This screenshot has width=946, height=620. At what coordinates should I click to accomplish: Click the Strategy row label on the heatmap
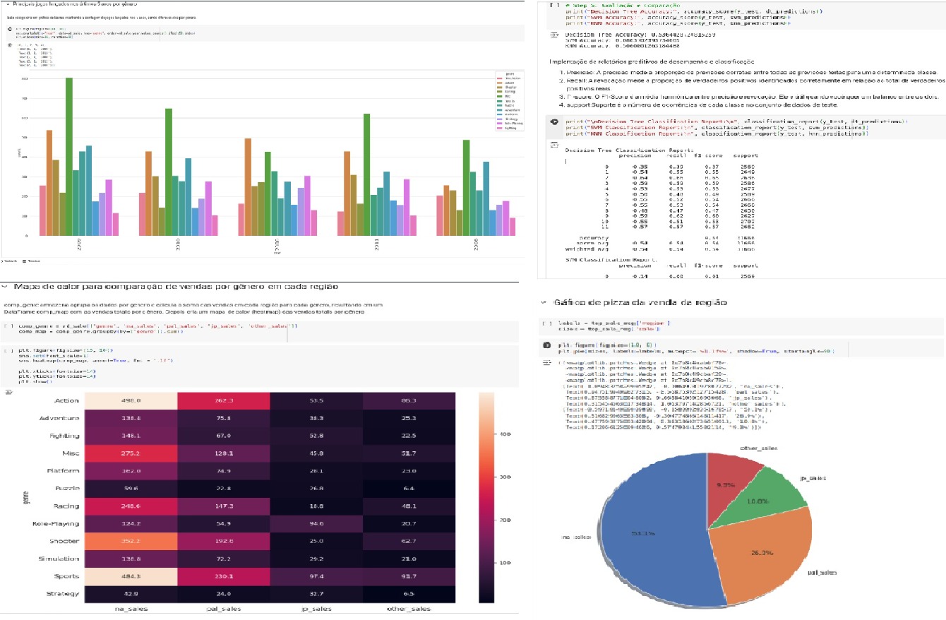click(x=61, y=594)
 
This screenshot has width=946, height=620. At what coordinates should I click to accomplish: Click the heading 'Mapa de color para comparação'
click(x=176, y=287)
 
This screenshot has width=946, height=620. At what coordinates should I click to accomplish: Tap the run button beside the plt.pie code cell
click(x=554, y=345)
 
